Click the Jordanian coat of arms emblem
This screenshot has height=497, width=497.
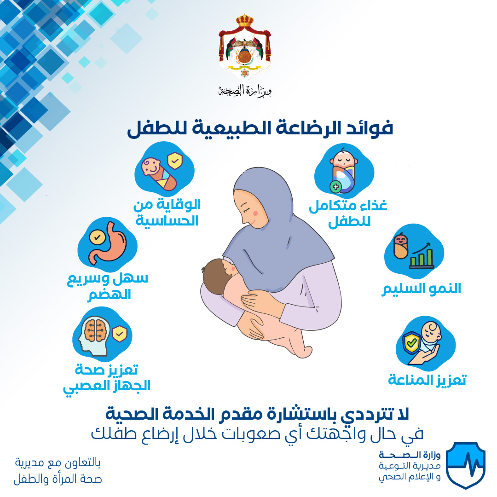click(x=245, y=46)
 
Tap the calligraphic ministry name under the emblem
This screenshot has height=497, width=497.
click(x=245, y=91)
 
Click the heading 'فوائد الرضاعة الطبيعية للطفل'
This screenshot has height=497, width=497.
click(x=260, y=129)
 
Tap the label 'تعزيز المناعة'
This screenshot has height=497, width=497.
click(x=427, y=380)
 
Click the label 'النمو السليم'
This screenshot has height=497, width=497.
click(x=421, y=289)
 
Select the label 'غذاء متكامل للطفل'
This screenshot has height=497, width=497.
click(x=348, y=213)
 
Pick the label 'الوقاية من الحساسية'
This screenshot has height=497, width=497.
click(x=167, y=212)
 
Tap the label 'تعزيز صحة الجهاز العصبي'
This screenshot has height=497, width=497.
click(x=107, y=378)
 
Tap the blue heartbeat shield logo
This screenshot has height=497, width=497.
click(x=466, y=465)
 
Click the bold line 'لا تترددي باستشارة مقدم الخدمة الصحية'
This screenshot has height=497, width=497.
click(x=257, y=414)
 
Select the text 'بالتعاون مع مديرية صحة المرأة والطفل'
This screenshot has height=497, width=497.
click(x=58, y=471)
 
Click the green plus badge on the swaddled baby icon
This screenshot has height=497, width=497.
click(x=335, y=187)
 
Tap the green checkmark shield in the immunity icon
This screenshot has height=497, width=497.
click(x=411, y=343)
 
